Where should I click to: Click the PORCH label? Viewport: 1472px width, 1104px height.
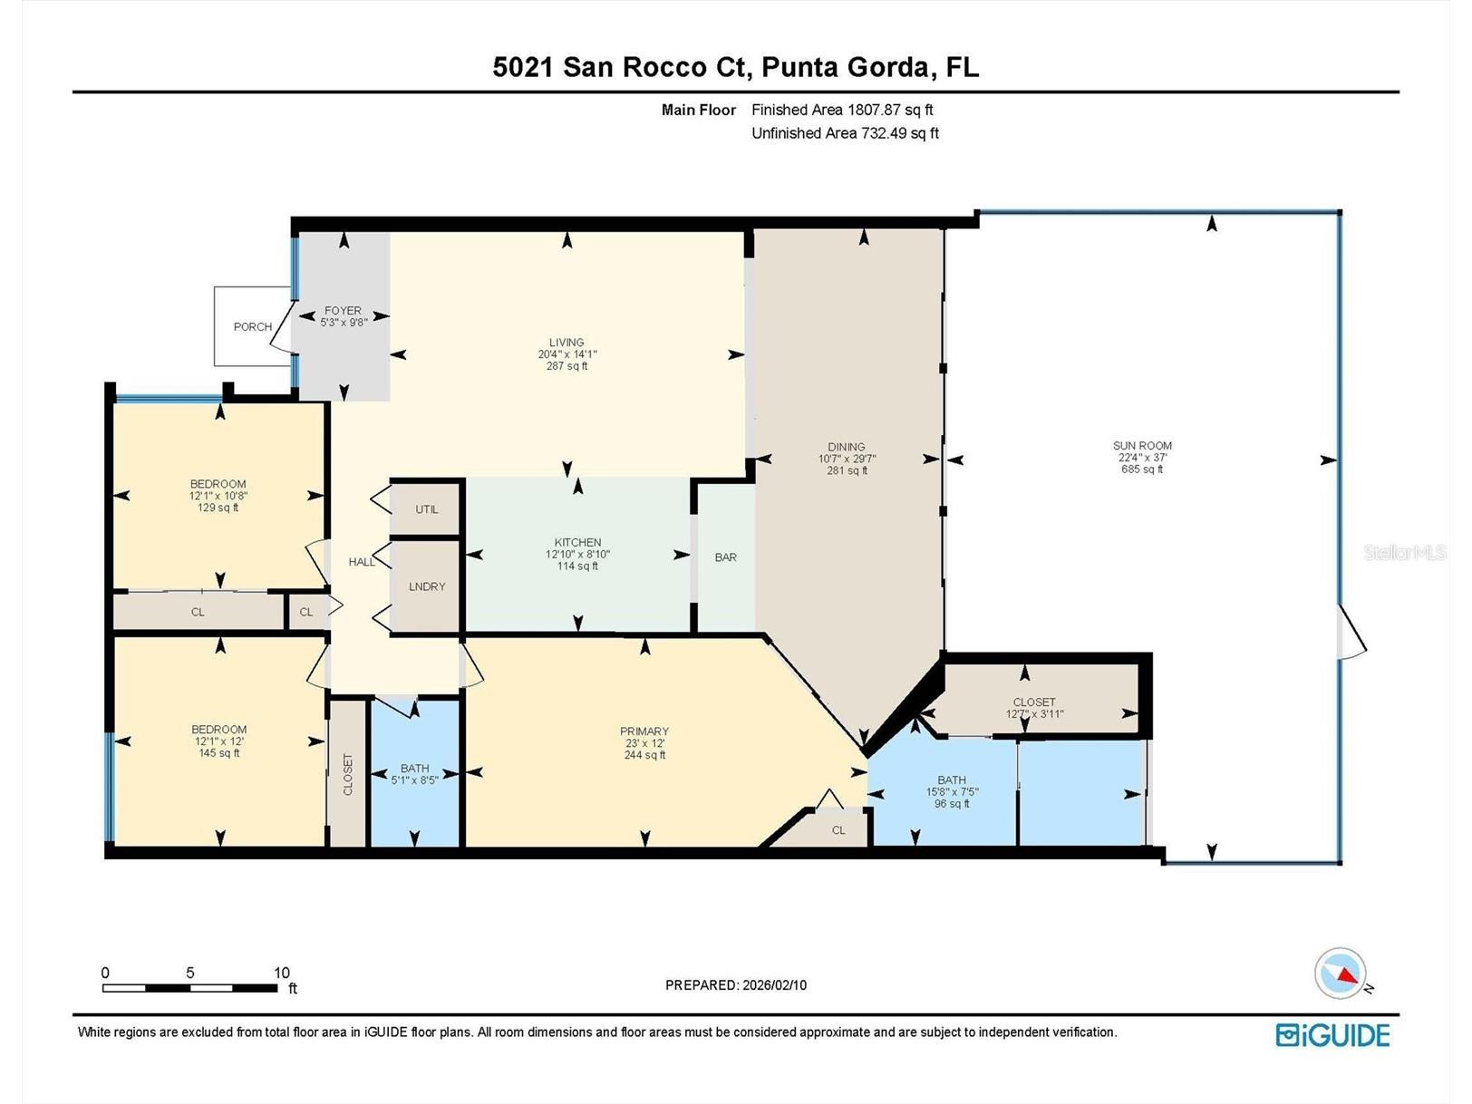point(252,327)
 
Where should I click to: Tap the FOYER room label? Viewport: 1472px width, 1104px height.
point(343,311)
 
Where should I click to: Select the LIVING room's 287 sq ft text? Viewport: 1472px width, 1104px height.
point(567,367)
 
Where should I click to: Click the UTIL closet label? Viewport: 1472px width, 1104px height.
point(427,510)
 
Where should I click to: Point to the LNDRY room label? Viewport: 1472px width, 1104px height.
point(427,587)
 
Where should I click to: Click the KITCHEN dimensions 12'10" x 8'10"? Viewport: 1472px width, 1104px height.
point(577,555)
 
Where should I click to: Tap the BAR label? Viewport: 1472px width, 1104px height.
point(726,557)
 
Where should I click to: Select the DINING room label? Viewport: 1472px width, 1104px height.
point(847,447)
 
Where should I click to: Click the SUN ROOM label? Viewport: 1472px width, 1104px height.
point(1142,446)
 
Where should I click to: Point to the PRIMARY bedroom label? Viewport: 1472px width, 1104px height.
point(644,731)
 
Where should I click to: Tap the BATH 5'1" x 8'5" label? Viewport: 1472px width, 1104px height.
point(415,774)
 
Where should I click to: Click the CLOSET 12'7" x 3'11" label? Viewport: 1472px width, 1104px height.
point(1034,708)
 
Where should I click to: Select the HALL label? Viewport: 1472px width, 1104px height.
point(362,562)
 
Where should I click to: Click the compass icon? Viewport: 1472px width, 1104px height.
point(1340,973)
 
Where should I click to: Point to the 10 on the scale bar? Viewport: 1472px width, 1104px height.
point(282,973)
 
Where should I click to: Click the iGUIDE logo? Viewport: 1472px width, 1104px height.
point(1332,1035)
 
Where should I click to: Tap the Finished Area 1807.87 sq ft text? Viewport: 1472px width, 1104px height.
point(842,110)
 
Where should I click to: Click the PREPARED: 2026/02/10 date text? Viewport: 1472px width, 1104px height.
point(736,985)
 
